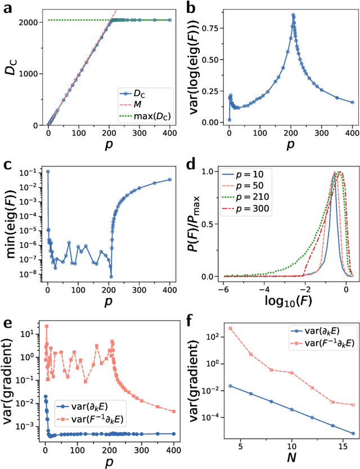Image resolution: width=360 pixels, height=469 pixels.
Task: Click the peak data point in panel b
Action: click(293, 15)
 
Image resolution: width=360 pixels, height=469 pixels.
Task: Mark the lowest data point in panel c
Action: click(111, 276)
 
